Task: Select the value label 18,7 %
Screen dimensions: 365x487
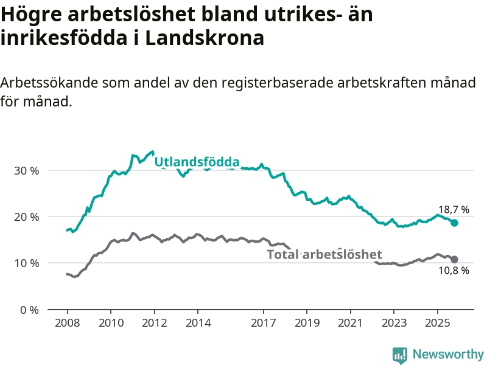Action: point(454,210)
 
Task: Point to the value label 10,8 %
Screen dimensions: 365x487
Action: point(454,271)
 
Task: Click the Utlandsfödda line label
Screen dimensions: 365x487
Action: point(196,162)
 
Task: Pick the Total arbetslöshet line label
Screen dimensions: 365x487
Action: point(324,254)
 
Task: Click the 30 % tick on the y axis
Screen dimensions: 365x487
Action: point(26,170)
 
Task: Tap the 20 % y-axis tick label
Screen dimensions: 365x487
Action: point(26,217)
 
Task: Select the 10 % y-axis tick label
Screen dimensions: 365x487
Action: point(26,263)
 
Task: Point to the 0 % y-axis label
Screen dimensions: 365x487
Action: point(29,310)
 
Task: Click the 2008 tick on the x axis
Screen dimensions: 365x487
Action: point(67,321)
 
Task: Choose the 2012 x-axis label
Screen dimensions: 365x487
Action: point(154,321)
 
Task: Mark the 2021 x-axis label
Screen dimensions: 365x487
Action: point(350,321)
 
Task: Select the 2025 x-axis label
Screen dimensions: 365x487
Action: point(437,321)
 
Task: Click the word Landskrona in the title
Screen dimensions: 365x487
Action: point(205,38)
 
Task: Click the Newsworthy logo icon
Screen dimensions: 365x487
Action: point(400,355)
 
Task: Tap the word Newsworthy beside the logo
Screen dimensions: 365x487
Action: point(448,355)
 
